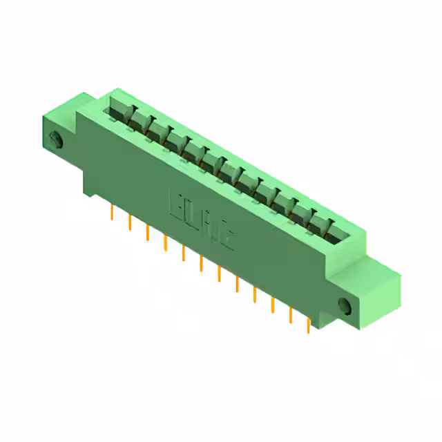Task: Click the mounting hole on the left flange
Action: pos(57,140)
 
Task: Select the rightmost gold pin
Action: pos(308,325)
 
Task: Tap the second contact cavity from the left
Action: pos(137,120)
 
